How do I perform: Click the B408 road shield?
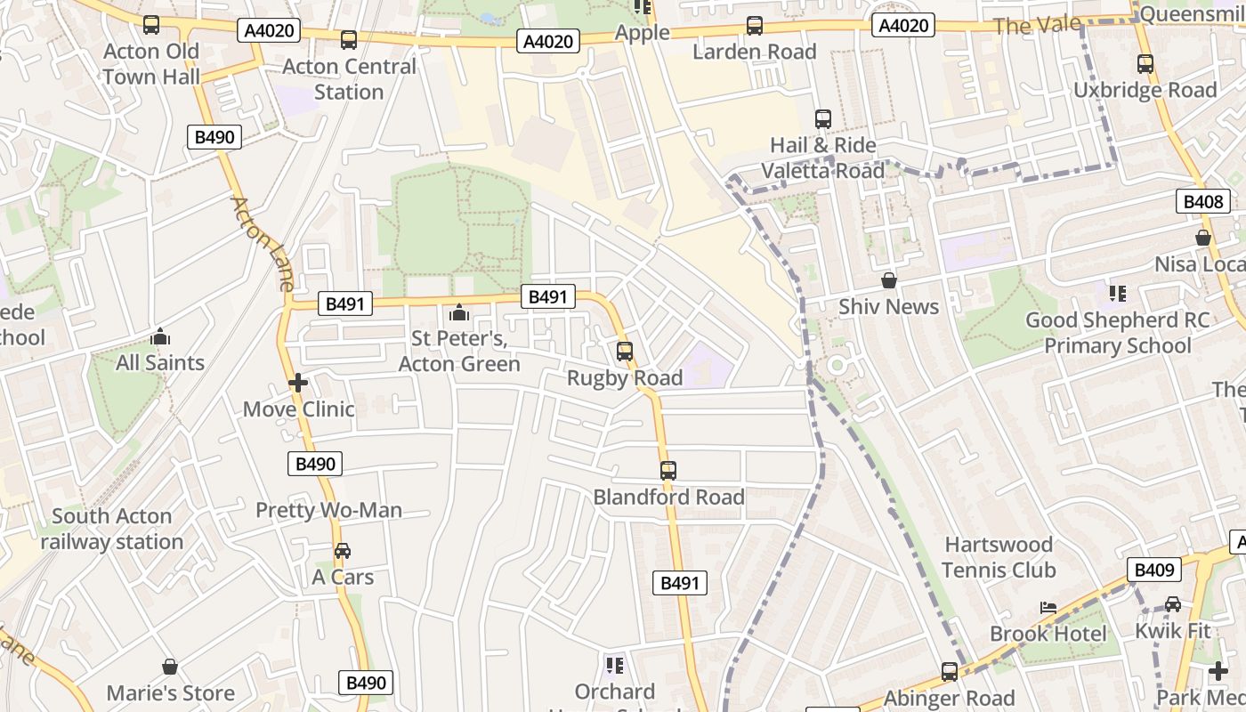click(x=1202, y=202)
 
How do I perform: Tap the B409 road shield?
click(x=1153, y=570)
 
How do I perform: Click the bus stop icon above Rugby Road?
click(x=625, y=352)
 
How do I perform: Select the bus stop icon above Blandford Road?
click(x=667, y=471)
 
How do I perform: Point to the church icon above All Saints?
click(x=160, y=336)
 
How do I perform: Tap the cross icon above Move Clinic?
click(x=298, y=384)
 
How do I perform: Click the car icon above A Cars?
click(x=343, y=551)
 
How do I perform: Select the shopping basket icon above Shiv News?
click(x=888, y=281)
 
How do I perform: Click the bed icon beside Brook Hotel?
click(x=1048, y=608)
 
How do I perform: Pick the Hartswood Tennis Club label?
click(x=999, y=557)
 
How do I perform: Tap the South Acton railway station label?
click(x=111, y=529)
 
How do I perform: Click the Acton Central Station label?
click(x=349, y=79)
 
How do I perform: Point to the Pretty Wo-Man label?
click(x=328, y=510)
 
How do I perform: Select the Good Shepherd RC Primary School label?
click(x=1117, y=333)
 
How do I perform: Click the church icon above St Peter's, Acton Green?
click(x=459, y=312)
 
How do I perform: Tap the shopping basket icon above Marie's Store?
click(x=170, y=667)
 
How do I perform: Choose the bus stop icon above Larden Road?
click(x=755, y=26)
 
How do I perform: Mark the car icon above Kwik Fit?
click(x=1173, y=604)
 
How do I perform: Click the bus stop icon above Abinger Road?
click(x=950, y=672)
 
